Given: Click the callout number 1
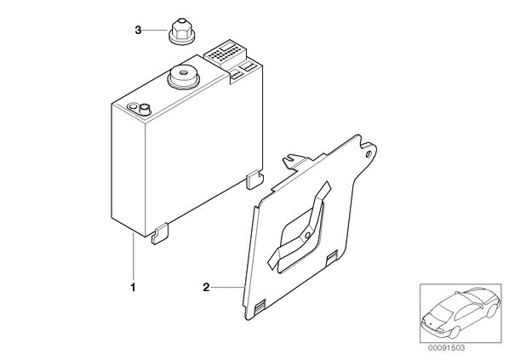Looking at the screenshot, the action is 133,288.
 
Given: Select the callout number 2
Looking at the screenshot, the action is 207,288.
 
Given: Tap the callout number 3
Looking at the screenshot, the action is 138,31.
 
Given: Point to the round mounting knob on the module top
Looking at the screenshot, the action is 183,77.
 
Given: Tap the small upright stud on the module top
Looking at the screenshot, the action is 145,109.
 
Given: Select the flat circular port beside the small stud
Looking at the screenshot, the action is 133,106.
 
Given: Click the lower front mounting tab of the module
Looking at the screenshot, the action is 160,233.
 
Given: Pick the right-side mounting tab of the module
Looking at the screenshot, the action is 255,180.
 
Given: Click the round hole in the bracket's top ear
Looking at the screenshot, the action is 369,153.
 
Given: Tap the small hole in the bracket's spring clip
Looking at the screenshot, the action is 307,236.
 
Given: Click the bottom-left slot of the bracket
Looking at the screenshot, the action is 260,306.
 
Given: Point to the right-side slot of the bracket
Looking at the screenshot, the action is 332,256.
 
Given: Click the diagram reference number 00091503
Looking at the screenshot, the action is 446,348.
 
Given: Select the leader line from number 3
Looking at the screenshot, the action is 155,31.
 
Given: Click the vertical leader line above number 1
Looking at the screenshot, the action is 133,257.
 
